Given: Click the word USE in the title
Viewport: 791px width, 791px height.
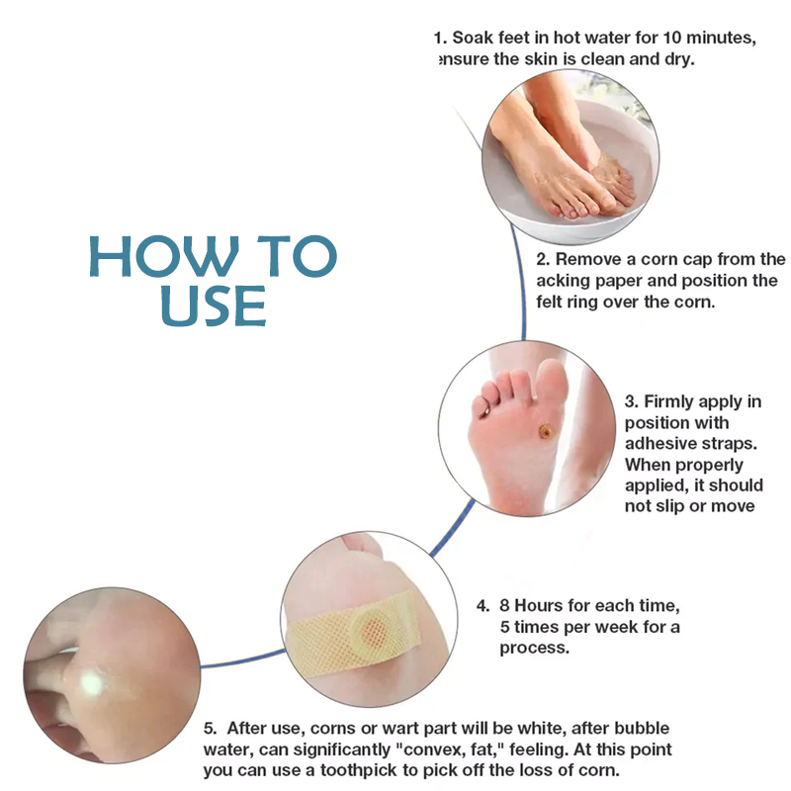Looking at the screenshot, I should (213, 305).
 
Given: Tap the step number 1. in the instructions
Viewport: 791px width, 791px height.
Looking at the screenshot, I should (441, 38).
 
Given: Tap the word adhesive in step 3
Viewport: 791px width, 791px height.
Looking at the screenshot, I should (661, 443).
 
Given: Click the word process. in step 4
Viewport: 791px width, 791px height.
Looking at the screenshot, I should (534, 649).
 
